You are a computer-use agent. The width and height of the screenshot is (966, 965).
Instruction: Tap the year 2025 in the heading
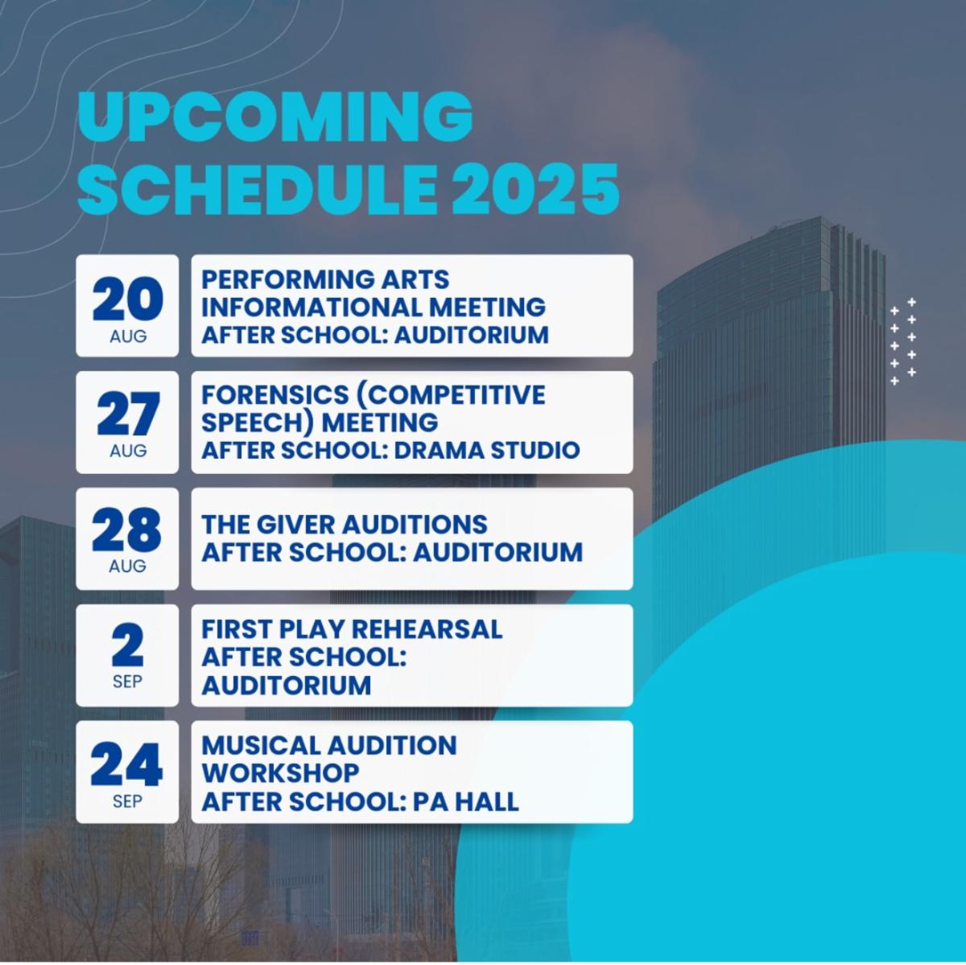(x=535, y=189)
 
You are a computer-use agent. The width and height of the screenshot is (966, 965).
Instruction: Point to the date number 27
(x=128, y=414)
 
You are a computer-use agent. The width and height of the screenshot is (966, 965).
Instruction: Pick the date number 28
(x=127, y=530)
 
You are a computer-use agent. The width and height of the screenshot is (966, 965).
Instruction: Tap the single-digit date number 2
(x=127, y=645)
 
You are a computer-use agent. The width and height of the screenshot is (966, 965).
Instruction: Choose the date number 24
(x=127, y=764)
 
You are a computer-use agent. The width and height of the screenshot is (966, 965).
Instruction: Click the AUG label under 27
(x=128, y=450)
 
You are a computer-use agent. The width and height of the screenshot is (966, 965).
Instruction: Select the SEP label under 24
(x=127, y=802)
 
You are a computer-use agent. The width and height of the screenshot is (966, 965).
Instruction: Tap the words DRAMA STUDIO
(x=487, y=450)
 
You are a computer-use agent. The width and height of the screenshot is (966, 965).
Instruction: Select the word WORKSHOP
(x=281, y=773)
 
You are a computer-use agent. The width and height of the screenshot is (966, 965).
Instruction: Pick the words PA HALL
(x=466, y=801)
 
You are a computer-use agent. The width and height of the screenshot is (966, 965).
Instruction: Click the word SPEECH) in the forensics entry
(x=258, y=422)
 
